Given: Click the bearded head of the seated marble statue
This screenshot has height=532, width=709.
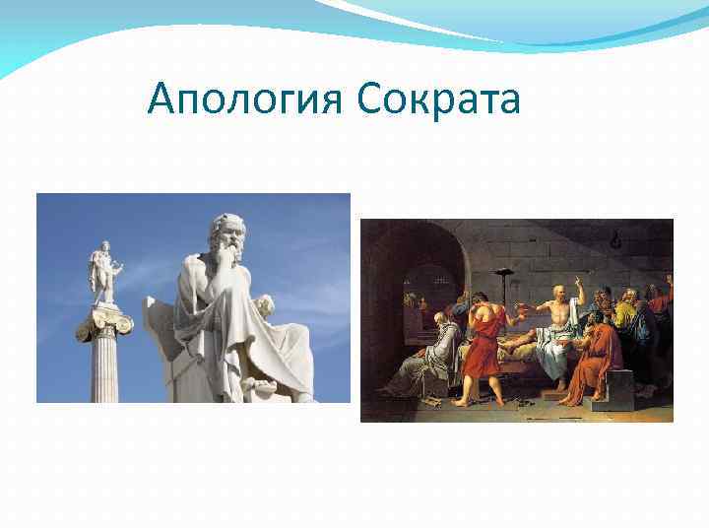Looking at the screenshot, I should pos(226,236).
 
